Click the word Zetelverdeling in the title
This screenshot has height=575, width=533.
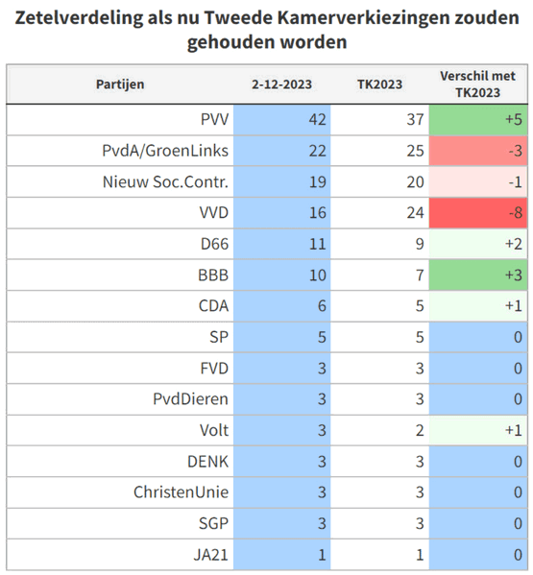pyautogui.click(x=79, y=18)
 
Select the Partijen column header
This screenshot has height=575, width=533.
pyautogui.click(x=120, y=84)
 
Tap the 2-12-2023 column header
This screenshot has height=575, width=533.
pyautogui.click(x=281, y=84)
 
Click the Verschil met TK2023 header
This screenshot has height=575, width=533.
pyautogui.click(x=477, y=84)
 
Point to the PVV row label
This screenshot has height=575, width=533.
pyautogui.click(x=214, y=120)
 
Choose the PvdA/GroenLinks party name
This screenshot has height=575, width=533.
pyautogui.click(x=165, y=151)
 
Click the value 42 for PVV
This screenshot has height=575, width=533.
pyautogui.click(x=317, y=120)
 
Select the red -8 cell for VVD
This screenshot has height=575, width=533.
pyautogui.click(x=478, y=213)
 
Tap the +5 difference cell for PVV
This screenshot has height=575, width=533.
pyautogui.click(x=478, y=120)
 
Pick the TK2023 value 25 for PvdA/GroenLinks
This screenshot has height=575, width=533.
pyautogui.click(x=415, y=151)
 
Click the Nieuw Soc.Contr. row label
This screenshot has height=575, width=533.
pyautogui.click(x=165, y=181)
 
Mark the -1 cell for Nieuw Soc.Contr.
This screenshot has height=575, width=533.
pyautogui.click(x=478, y=181)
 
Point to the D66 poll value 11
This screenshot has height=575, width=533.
pyautogui.click(x=317, y=244)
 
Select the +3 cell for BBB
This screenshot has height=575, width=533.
pyautogui.click(x=478, y=276)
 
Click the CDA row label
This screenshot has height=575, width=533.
pyautogui.click(x=213, y=306)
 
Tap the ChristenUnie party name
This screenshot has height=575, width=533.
pyautogui.click(x=181, y=492)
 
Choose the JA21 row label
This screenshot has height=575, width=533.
pyautogui.click(x=211, y=555)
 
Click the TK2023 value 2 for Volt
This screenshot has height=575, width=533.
pyautogui.click(x=420, y=430)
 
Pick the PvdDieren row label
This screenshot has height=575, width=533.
pyautogui.click(x=190, y=399)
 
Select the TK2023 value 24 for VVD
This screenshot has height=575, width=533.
pyautogui.click(x=415, y=213)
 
